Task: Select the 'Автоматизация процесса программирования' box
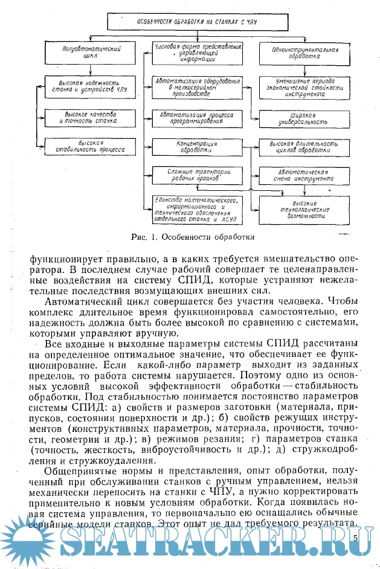pyautogui.click(x=198, y=117)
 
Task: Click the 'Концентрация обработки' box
pyautogui.click(x=198, y=147)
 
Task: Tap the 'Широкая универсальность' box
pyautogui.click(x=296, y=117)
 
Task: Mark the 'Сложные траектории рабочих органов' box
pyautogui.click(x=198, y=176)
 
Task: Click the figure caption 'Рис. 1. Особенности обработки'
pyautogui.click(x=192, y=236)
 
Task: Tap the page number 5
pyautogui.click(x=355, y=537)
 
